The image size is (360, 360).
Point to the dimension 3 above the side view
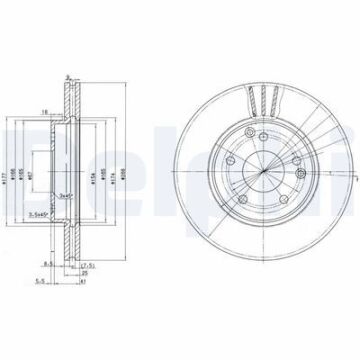[66, 77]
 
